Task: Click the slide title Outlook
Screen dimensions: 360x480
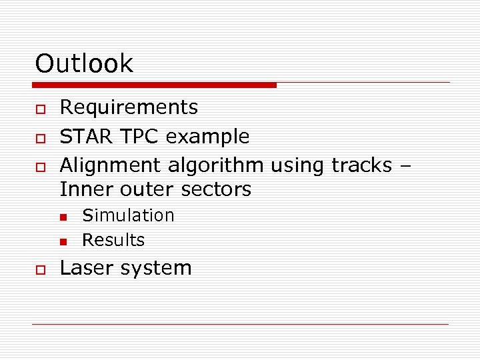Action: pyautogui.click(x=84, y=64)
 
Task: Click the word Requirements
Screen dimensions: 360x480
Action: pyautogui.click(x=129, y=107)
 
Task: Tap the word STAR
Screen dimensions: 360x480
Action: pyautogui.click(x=87, y=137)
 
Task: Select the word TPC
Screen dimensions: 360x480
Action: pyautogui.click(x=140, y=137)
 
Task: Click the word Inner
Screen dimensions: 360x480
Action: pyautogui.click(x=87, y=189)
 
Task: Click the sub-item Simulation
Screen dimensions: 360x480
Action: pyautogui.click(x=128, y=215)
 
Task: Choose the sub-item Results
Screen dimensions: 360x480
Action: pyautogui.click(x=113, y=240)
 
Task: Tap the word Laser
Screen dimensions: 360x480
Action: pyautogui.click(x=89, y=268)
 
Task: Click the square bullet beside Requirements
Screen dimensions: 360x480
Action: pyautogui.click(x=40, y=109)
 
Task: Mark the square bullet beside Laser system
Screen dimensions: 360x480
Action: pyautogui.click(x=40, y=269)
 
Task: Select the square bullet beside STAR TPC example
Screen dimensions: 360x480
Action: pyautogui.click(x=40, y=138)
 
